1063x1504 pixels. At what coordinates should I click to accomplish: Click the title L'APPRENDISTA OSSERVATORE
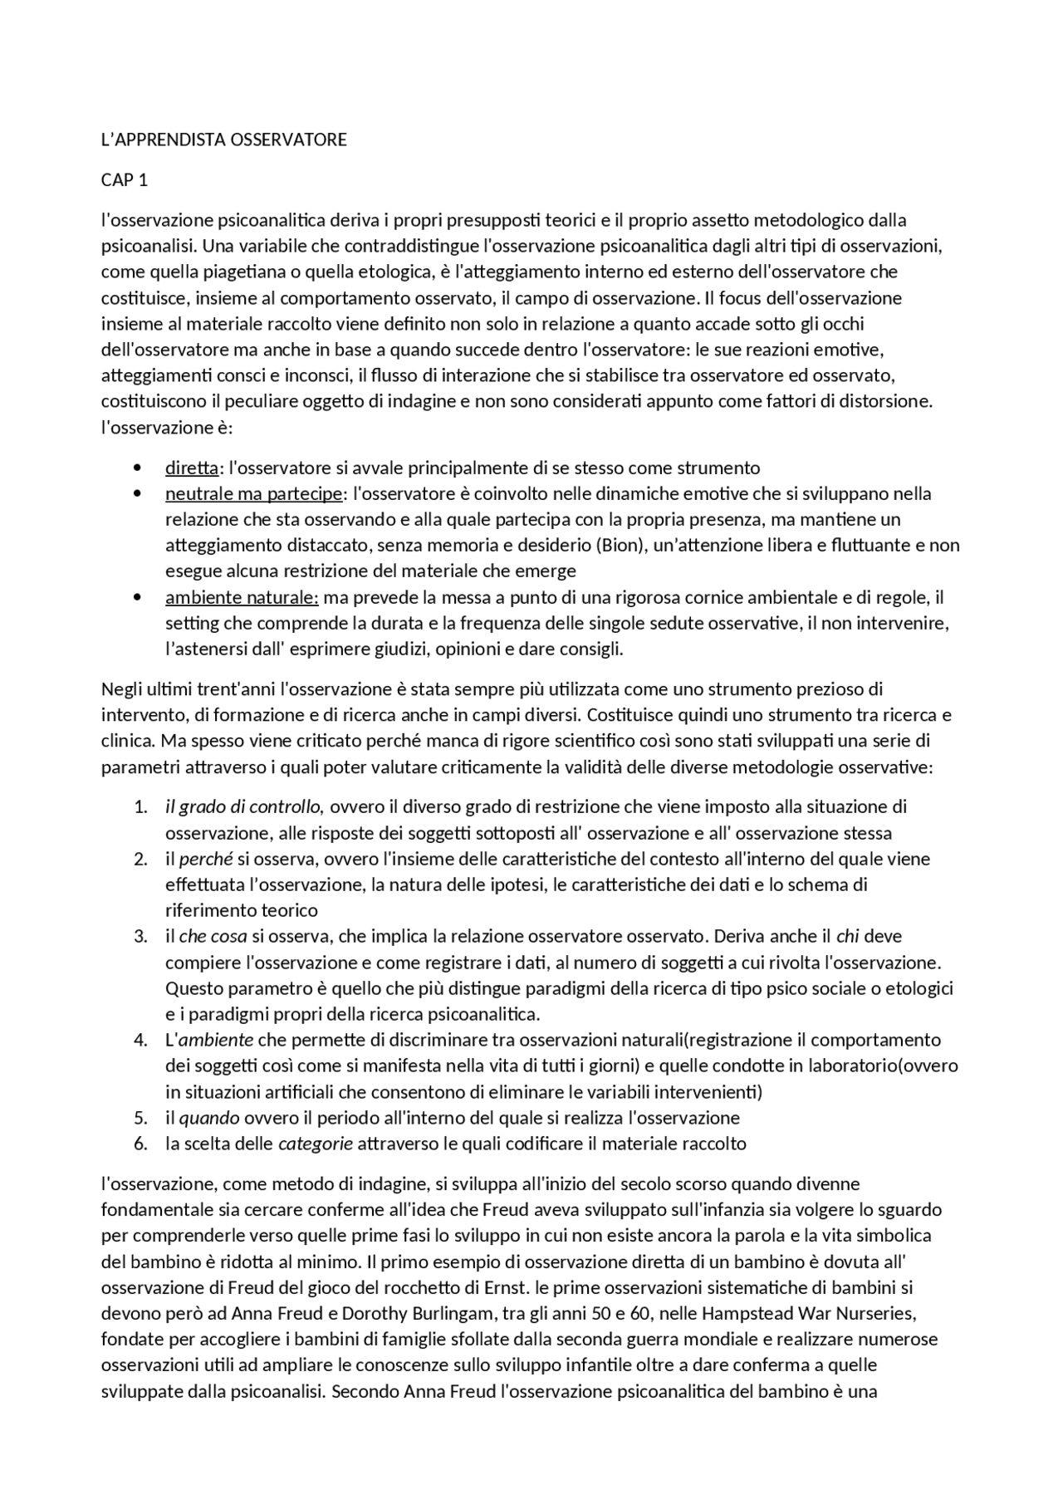223,140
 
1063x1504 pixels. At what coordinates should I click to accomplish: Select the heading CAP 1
125,180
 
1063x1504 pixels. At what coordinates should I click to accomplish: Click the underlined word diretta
191,468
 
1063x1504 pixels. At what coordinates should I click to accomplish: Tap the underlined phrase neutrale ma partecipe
253,493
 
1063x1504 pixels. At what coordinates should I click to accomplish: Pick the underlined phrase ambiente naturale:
242,597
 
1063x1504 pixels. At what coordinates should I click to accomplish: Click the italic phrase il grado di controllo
242,806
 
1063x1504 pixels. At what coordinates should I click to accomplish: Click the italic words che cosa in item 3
213,936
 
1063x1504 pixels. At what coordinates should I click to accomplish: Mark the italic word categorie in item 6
316,1144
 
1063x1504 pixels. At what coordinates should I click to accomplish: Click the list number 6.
140,1144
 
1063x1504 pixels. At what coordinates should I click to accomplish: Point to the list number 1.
140,806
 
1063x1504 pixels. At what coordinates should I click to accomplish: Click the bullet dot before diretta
137,468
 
